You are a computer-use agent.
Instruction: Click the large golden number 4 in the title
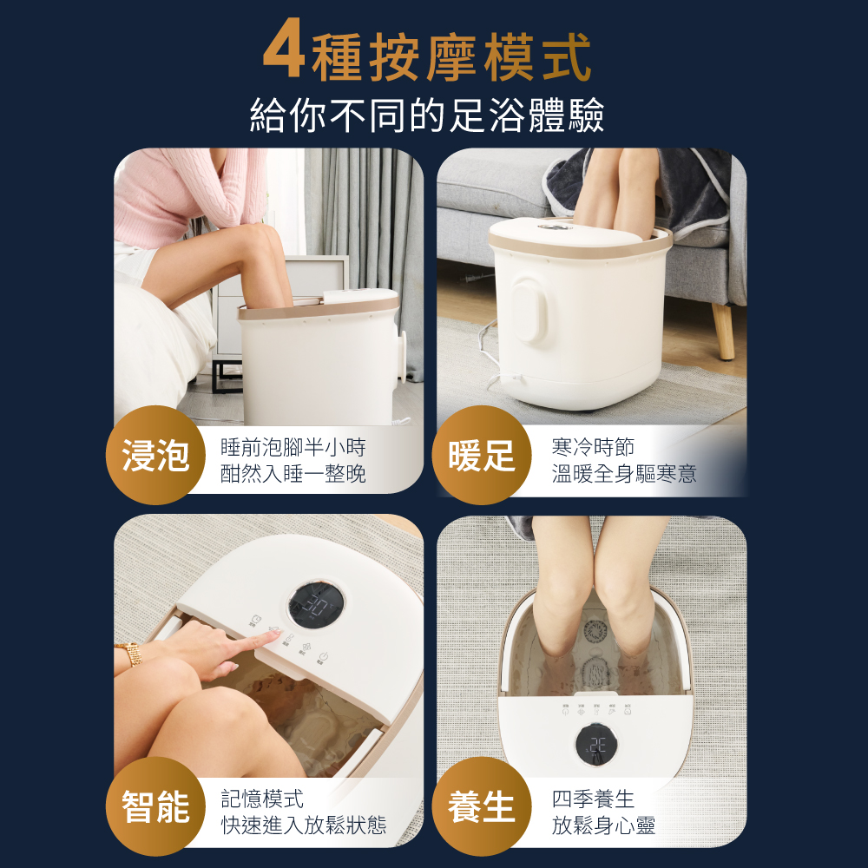(284, 49)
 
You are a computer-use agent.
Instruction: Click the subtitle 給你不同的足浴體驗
(427, 115)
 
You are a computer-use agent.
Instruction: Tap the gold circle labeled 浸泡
(155, 455)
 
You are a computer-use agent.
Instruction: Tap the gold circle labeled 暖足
(482, 455)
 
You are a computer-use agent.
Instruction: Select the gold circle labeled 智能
(155, 806)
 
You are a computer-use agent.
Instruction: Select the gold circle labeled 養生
(482, 806)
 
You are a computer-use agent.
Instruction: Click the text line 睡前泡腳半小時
(293, 447)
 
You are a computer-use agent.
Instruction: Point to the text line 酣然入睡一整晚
(293, 473)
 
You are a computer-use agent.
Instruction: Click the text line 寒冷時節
(593, 447)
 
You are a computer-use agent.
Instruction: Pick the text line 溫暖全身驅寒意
(624, 473)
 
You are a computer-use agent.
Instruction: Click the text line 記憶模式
(262, 799)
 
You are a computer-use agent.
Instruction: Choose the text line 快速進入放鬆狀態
(303, 825)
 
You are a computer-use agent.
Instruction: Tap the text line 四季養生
(593, 799)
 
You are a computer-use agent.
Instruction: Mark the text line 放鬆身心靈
(603, 825)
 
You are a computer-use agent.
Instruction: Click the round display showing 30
(316, 604)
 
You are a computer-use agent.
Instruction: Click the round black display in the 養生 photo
(597, 746)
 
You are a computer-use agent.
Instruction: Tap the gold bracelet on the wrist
(134, 654)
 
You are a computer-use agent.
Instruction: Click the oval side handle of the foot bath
(529, 308)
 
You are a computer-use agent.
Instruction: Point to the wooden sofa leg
(723, 331)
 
